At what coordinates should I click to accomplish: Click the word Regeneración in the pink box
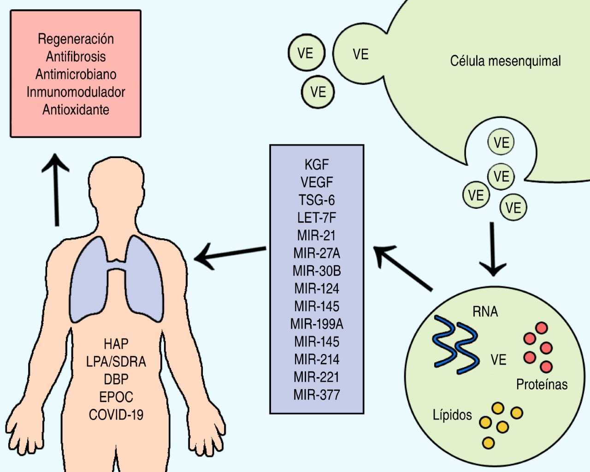tap(76, 39)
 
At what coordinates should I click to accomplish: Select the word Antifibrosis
tap(76, 57)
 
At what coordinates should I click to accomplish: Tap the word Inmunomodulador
tap(76, 92)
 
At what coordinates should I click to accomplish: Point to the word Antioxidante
tap(76, 110)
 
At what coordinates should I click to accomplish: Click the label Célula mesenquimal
tap(505, 61)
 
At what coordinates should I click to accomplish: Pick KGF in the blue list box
tap(317, 165)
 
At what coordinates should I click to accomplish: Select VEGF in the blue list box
tap(317, 183)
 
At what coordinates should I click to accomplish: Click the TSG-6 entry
tap(317, 200)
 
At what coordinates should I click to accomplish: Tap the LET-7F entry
tap(317, 218)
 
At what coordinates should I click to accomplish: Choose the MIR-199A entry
tap(317, 324)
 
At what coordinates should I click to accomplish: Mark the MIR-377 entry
tap(317, 395)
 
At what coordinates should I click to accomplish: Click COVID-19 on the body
tap(116, 415)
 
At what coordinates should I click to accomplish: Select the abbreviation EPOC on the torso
tap(116, 397)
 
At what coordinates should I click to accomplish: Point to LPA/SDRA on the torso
tap(116, 361)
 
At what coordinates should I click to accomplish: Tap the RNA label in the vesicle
tap(485, 312)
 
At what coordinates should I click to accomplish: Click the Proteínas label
tap(542, 384)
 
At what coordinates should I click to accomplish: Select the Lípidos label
tap(452, 415)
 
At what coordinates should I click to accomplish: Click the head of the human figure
tap(116, 184)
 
